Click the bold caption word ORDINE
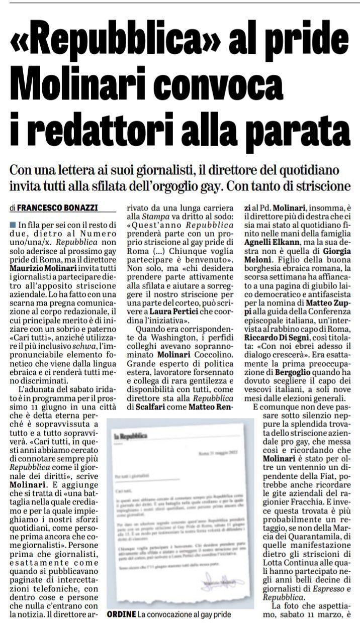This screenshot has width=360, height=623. [119, 614]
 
